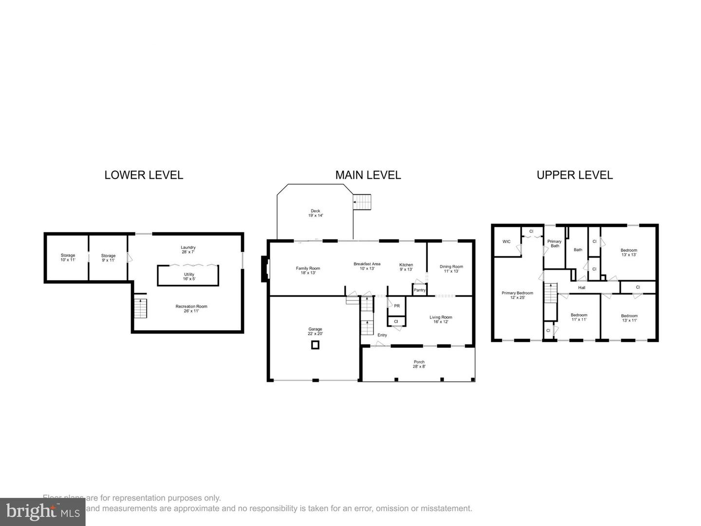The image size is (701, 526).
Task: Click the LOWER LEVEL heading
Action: click(144, 175)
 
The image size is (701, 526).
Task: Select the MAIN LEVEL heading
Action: click(368, 175)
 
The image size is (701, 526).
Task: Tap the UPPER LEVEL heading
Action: click(574, 175)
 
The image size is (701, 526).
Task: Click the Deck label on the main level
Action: click(315, 213)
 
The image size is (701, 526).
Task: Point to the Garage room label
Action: click(315, 332)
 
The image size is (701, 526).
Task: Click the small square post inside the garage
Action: click(315, 345)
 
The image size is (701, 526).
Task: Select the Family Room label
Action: click(308, 270)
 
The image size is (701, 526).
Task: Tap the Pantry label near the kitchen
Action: click(419, 290)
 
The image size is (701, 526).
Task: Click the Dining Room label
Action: click(451, 269)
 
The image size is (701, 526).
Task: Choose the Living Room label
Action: click(441, 319)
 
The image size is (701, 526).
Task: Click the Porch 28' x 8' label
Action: click(419, 364)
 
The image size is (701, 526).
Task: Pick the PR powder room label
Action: click(397, 306)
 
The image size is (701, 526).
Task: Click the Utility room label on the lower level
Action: click(189, 277)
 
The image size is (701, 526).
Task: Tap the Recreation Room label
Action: click(191, 308)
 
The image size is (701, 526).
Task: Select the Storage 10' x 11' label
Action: click(68, 258)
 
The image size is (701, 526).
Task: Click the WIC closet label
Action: click(506, 242)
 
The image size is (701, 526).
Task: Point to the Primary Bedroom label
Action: click(517, 295)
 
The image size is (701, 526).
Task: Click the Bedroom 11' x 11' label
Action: click(579, 317)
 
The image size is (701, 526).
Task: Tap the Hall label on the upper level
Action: click(582, 288)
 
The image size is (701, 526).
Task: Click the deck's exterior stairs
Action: click(362, 202)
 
